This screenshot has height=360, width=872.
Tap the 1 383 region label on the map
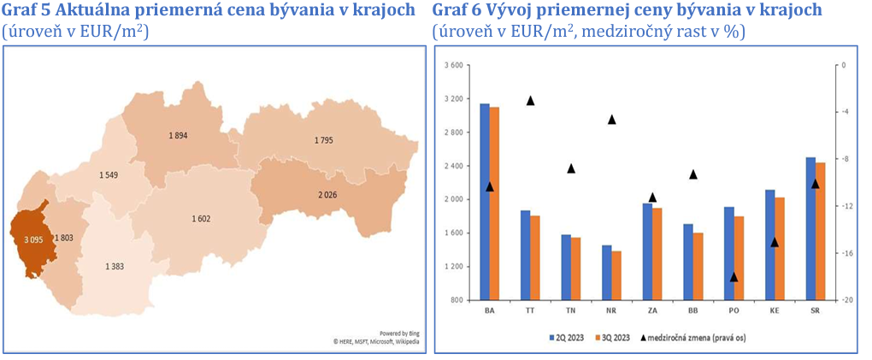tap(115, 267)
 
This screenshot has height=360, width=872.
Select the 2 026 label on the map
tap(327, 195)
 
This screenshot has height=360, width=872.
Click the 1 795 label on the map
tap(324, 140)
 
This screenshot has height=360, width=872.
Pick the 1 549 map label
tap(109, 175)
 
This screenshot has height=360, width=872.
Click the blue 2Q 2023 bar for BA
tap(485, 202)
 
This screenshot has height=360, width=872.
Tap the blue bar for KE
tap(769, 245)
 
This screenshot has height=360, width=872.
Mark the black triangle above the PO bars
tap(734, 277)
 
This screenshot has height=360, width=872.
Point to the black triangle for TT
tap(530, 101)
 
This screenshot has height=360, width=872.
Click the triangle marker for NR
tap(612, 119)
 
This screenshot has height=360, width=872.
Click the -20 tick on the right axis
tap(843, 300)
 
